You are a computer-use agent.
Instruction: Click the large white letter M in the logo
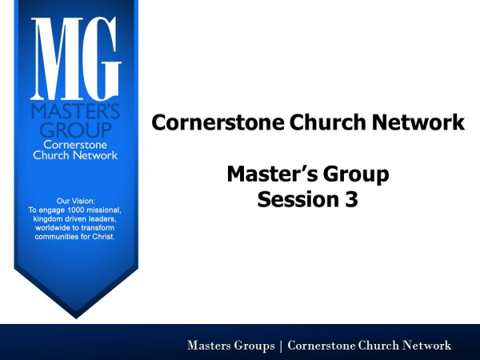point(57,58)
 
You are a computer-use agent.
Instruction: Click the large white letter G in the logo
point(102,58)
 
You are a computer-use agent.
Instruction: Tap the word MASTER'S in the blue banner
point(75,111)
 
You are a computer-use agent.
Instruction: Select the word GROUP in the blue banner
point(76,130)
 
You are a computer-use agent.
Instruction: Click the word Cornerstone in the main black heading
point(218,122)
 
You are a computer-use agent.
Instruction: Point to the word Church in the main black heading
point(327,122)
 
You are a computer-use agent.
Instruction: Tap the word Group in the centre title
point(356,174)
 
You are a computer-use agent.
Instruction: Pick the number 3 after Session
point(351,199)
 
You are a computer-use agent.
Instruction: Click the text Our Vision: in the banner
point(76,201)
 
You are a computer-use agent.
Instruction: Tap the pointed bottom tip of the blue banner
point(76,318)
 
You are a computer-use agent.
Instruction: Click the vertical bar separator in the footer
point(281,346)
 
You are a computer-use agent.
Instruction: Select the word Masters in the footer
point(210,346)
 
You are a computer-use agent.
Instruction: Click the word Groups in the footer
point(254,346)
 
